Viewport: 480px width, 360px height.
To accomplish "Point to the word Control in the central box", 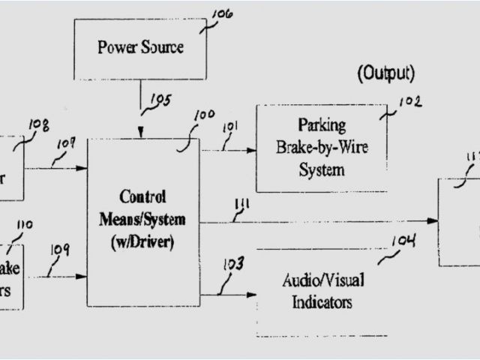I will point(142,197).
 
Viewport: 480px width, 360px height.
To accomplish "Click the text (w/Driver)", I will point(143,242).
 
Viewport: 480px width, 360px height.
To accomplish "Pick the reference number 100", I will point(204,116).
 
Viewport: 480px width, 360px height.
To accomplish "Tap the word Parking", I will point(321,124).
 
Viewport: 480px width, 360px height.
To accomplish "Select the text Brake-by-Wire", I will point(322,146).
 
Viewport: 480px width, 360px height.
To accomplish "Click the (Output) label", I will point(385,73).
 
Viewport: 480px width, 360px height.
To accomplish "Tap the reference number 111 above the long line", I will point(242,205).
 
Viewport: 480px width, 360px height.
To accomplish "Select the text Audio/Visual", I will point(323,280).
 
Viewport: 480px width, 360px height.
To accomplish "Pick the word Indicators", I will point(322,303).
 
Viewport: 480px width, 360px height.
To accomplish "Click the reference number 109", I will point(59,250).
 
